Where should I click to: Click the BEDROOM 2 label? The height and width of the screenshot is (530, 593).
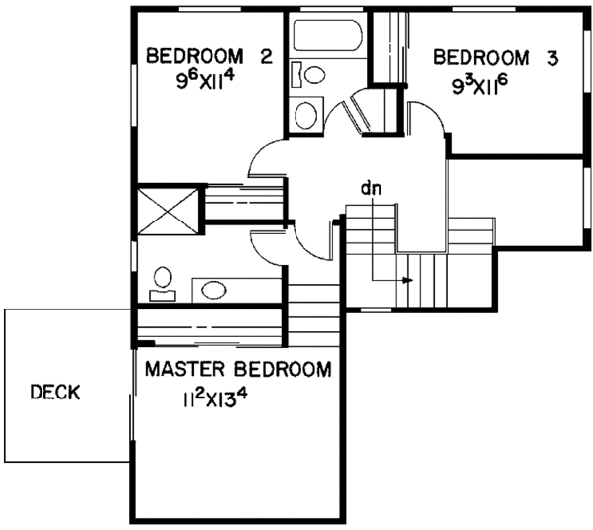(x=209, y=56)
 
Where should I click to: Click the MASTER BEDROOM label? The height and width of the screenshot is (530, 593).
(x=237, y=371)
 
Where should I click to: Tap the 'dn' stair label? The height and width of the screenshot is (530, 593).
(x=371, y=186)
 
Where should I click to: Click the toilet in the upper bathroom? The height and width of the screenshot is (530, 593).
(x=313, y=74)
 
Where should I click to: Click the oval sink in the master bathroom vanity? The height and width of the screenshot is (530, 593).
(x=212, y=289)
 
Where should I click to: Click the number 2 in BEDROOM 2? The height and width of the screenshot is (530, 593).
(x=265, y=56)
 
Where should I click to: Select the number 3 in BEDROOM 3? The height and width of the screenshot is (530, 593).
(x=551, y=58)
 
